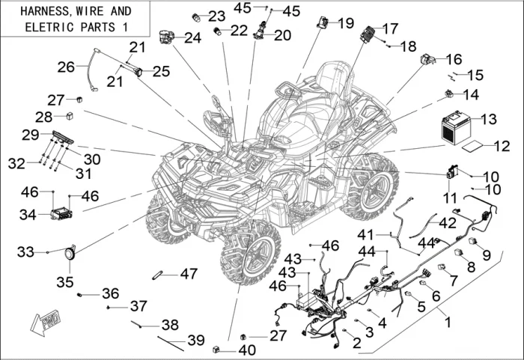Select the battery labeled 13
pyautogui.click(x=454, y=126)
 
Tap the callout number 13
pyautogui.click(x=488, y=120)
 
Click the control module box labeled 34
pyautogui.click(x=59, y=215)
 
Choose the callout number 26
pyautogui.click(x=65, y=67)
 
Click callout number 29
pyautogui.click(x=30, y=135)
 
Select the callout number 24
pyautogui.click(x=192, y=37)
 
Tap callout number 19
pyautogui.click(x=345, y=23)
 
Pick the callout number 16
pyautogui.click(x=454, y=58)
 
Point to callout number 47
pyautogui.click(x=189, y=274)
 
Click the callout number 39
pyautogui.click(x=195, y=341)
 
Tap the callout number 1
pyautogui.click(x=448, y=323)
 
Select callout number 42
pyautogui.click(x=447, y=222)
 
